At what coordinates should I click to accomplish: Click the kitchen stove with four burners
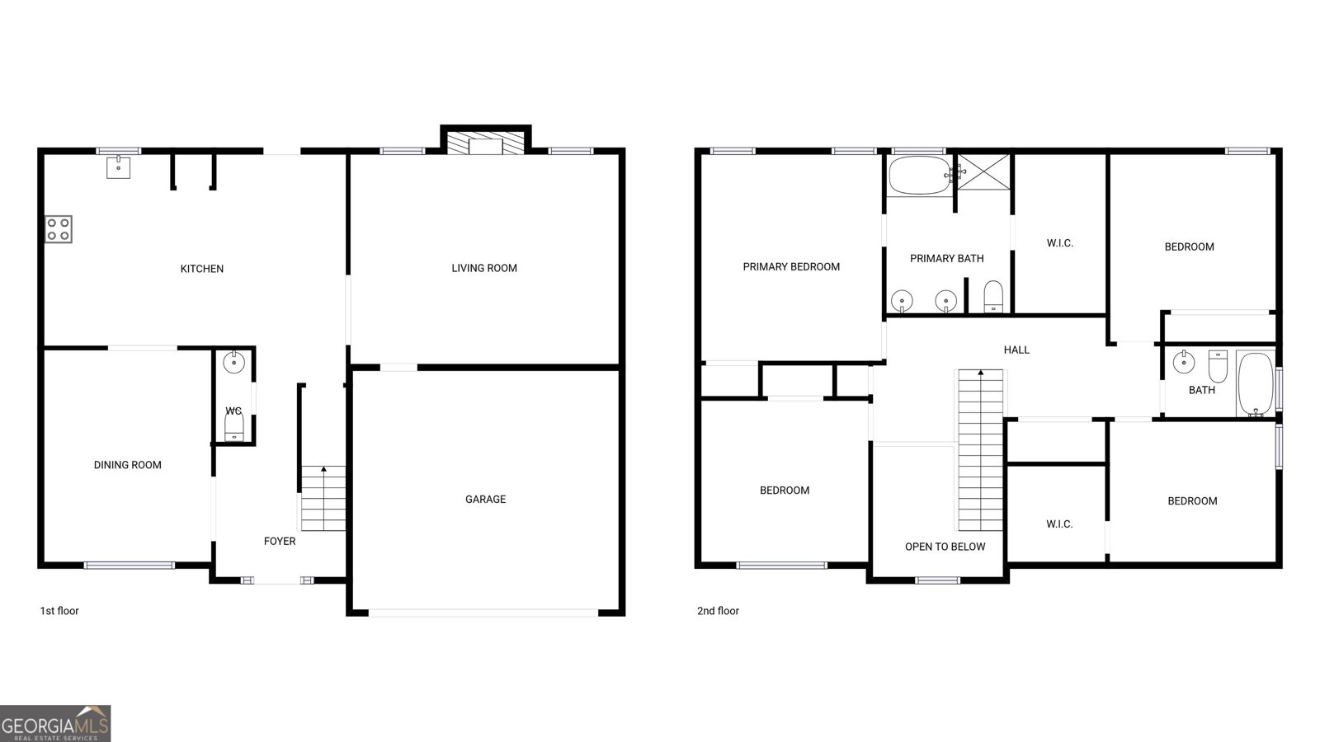coord(59,229)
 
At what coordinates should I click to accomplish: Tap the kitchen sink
coord(119,167)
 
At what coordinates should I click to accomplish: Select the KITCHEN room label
coord(201,269)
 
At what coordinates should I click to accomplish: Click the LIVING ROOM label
coord(484,269)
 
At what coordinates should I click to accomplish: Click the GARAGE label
coord(486,500)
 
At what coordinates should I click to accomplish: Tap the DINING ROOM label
coord(127,465)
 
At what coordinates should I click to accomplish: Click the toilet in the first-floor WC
coord(234,425)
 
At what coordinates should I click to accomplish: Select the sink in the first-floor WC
coord(234,363)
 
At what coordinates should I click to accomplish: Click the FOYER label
coord(280,541)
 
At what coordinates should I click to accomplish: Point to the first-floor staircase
coord(323,498)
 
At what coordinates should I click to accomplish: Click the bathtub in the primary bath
coord(920,175)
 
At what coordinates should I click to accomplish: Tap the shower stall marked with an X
coord(983,172)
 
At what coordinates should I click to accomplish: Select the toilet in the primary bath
coord(993,296)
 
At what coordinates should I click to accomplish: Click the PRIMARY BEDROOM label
coord(791,267)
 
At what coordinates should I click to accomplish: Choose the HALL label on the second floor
coord(1016,350)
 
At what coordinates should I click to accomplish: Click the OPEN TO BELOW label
coord(945,547)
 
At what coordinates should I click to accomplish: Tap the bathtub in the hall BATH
coord(1256,384)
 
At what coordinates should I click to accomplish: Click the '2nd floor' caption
coord(718,611)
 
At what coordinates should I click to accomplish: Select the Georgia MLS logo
coord(55,724)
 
